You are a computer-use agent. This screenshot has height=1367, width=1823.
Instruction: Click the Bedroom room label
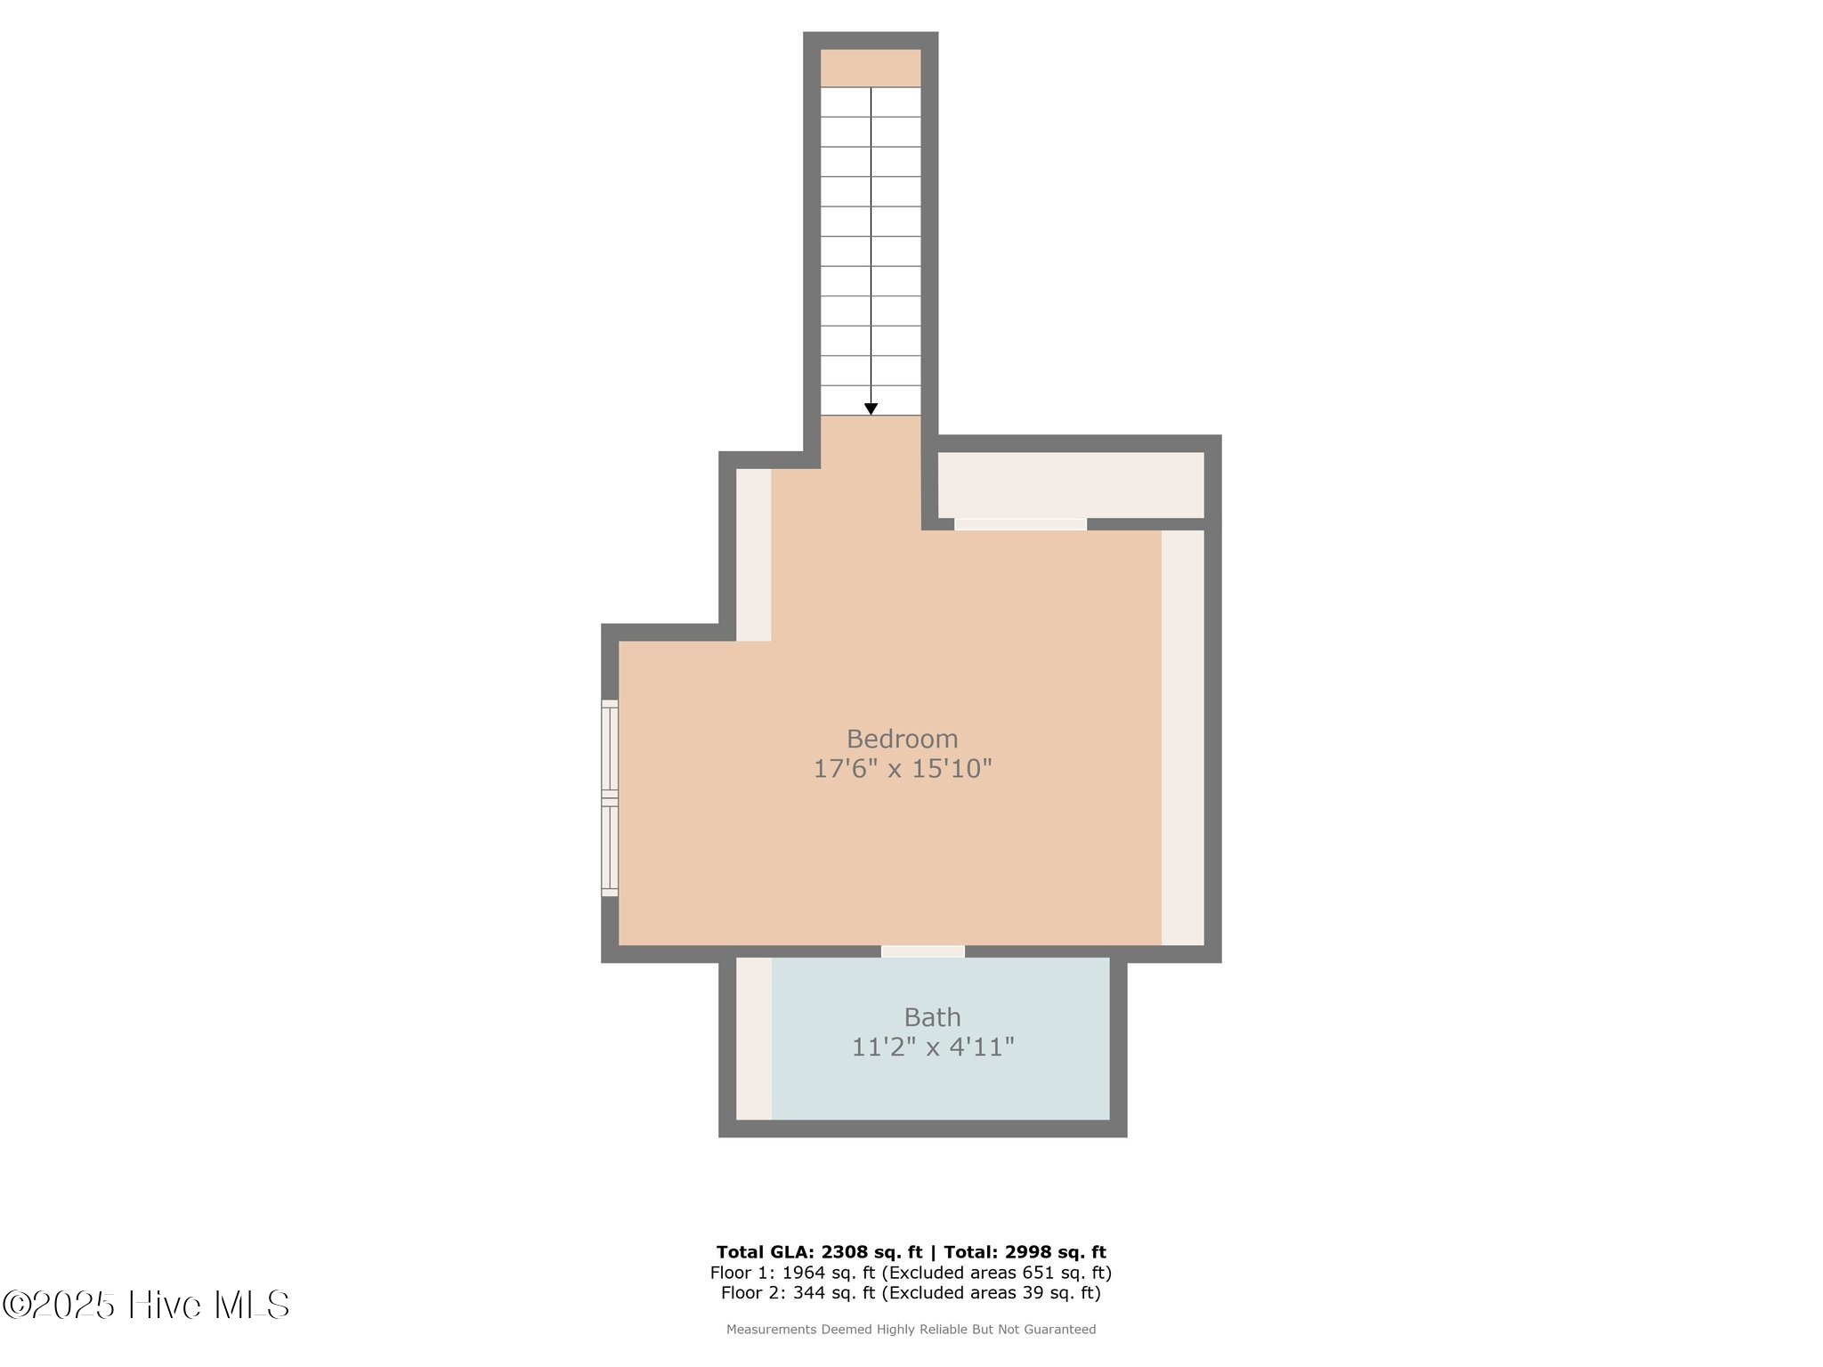[902, 739]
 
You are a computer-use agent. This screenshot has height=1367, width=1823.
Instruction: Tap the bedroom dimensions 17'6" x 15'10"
[903, 768]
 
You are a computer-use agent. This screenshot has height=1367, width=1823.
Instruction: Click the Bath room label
[932, 1016]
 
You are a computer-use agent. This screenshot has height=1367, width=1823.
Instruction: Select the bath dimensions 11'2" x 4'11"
[933, 1047]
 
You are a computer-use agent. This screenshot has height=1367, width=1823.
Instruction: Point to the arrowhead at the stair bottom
[871, 409]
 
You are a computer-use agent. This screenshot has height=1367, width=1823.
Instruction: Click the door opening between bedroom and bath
[923, 951]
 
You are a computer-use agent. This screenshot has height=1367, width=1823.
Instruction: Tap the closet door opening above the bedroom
[1020, 524]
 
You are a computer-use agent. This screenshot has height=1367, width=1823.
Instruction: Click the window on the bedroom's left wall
[610, 798]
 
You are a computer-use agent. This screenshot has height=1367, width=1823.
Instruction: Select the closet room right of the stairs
[1071, 485]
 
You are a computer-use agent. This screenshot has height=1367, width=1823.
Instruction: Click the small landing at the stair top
[871, 68]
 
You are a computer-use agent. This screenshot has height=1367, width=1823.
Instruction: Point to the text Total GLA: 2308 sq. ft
[820, 1252]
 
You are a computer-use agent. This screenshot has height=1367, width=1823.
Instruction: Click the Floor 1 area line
[911, 1273]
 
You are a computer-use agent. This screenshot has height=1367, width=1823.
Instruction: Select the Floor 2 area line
[911, 1293]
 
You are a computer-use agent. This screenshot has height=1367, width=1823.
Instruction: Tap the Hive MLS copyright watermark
[146, 1306]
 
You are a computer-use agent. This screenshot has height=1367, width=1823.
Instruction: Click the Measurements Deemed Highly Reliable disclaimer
[911, 1330]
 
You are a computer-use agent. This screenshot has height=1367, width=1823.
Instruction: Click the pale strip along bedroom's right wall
[1183, 738]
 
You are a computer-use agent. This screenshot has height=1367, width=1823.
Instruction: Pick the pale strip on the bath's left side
[754, 1039]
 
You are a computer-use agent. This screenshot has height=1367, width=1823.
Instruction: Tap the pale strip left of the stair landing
[754, 554]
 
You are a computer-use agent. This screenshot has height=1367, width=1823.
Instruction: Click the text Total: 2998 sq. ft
[1025, 1252]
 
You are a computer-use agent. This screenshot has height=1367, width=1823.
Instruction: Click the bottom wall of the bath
[923, 1128]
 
